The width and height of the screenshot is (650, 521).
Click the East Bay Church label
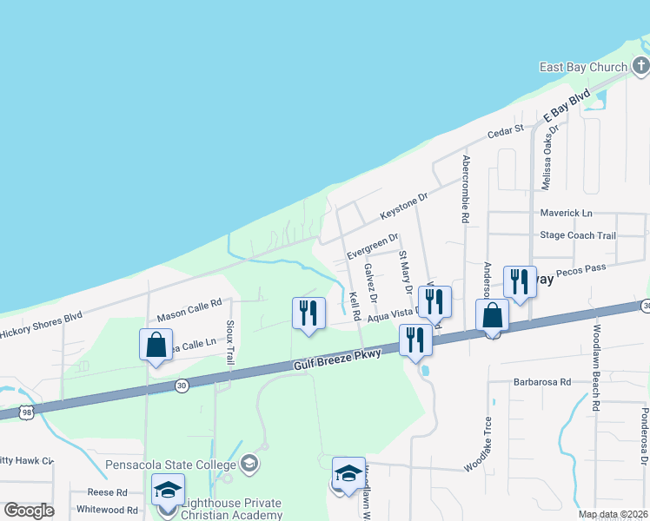595,68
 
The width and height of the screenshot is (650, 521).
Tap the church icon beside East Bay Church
640,66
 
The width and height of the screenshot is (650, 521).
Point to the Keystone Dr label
404,206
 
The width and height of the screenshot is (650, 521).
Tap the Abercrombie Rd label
466,189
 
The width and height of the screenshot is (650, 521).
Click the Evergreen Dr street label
372,245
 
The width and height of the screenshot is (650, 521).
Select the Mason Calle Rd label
189,308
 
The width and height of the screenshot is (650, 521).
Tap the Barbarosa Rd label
541,381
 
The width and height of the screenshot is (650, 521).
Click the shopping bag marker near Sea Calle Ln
156,345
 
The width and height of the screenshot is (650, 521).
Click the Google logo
29,510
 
